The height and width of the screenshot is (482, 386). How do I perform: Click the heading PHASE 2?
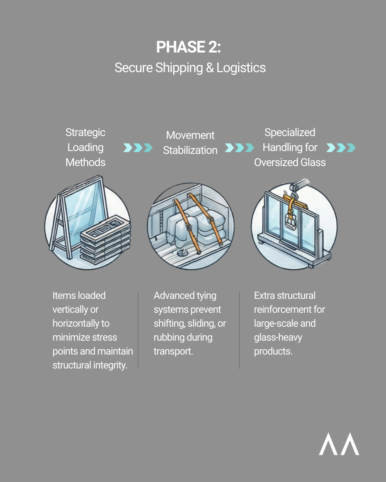tap(188, 47)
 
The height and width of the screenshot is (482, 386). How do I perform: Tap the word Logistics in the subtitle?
tap(241, 68)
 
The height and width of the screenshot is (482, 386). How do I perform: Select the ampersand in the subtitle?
tap(210, 68)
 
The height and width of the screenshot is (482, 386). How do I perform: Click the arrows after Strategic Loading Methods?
tap(138, 147)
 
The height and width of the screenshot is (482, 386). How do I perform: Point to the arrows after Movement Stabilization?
tap(239, 147)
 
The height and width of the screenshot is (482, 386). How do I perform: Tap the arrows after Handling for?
tap(341, 147)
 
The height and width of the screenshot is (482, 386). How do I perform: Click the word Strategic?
tap(85, 132)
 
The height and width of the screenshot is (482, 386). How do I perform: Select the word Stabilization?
tap(190, 150)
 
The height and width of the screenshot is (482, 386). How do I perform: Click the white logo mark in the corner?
tap(339, 444)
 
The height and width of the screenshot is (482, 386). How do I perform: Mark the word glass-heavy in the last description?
tap(278, 337)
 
